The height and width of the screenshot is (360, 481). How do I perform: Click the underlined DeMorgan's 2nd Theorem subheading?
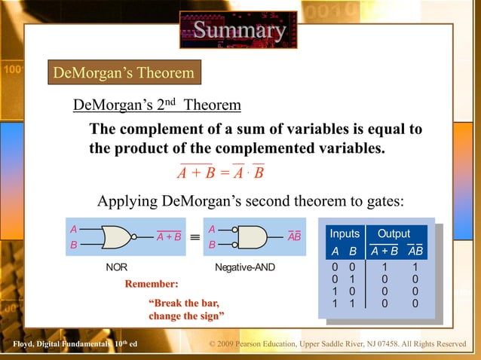pos(157,105)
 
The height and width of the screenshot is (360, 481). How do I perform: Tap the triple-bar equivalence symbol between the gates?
pos(195,236)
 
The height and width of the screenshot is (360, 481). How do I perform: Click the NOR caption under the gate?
pos(116,267)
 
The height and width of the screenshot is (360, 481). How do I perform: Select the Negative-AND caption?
pos(244,267)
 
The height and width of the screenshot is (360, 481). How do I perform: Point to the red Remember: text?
pos(152,285)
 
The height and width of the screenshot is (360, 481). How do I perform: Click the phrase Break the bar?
pos(184,303)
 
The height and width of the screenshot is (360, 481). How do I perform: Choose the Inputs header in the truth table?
pos(345,234)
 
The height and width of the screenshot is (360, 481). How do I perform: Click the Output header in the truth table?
pos(394,234)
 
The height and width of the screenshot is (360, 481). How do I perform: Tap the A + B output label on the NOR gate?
pos(169,237)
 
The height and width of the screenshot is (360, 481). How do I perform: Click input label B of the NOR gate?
pos(73,246)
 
